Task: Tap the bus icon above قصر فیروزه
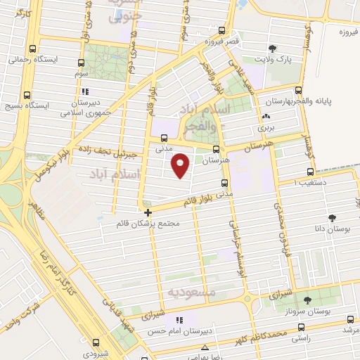coord(222,31)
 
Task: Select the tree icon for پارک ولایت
coord(272,49)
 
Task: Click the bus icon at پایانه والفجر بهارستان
coord(299,91)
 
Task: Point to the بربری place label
coord(264,129)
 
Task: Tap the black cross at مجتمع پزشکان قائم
coord(148,212)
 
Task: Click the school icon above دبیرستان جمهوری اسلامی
coord(85,91)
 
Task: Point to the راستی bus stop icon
coord(302,328)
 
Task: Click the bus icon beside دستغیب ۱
coord(310,172)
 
